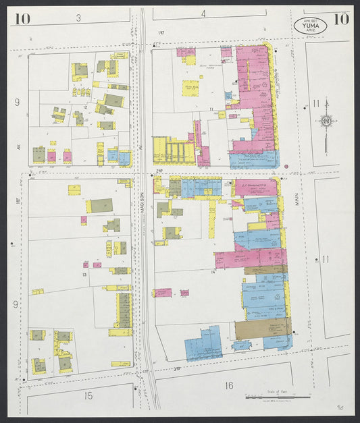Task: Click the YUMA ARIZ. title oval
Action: pyautogui.click(x=310, y=25)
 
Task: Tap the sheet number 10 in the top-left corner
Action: pyautogui.click(x=21, y=18)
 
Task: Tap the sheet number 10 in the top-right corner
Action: pyautogui.click(x=340, y=18)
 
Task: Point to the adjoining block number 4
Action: pyautogui.click(x=203, y=13)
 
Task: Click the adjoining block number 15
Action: pyautogui.click(x=88, y=395)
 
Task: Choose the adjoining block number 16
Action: pyautogui.click(x=228, y=386)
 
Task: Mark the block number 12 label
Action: pyautogui.click(x=86, y=107)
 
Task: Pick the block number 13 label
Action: pyautogui.click(x=85, y=275)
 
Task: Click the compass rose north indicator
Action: pyautogui.click(x=326, y=121)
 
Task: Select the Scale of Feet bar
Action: pyautogui.click(x=277, y=397)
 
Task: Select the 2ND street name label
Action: pyautogui.click(x=159, y=173)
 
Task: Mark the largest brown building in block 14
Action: pyautogui.click(x=262, y=329)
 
